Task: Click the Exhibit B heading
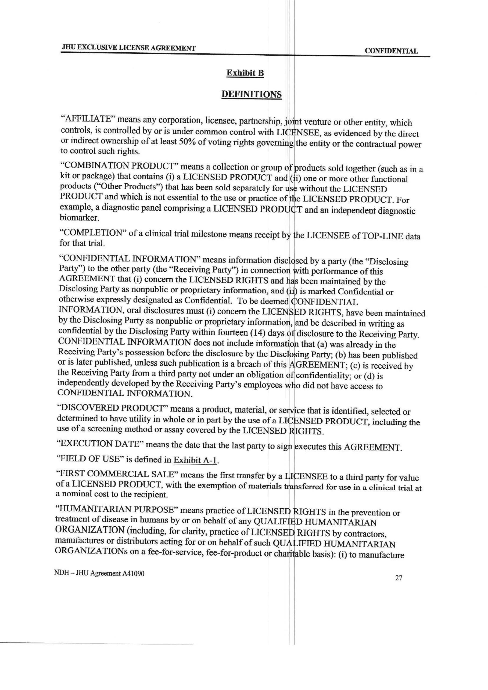click(245, 73)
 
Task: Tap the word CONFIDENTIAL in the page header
click(391, 51)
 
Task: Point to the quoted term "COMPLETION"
click(92, 233)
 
